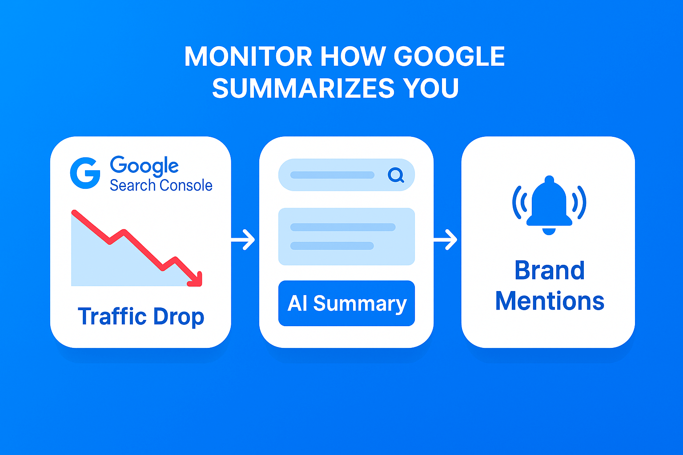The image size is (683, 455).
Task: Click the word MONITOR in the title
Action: pyautogui.click(x=248, y=56)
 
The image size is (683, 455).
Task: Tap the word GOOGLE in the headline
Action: pyautogui.click(x=449, y=56)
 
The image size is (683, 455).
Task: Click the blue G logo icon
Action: pyautogui.click(x=85, y=173)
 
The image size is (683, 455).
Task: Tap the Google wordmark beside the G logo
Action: pyautogui.click(x=144, y=166)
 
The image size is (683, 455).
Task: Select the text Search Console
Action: pyautogui.click(x=161, y=185)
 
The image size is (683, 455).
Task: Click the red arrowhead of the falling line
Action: pyautogui.click(x=196, y=279)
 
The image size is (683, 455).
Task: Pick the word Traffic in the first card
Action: pyautogui.click(x=112, y=316)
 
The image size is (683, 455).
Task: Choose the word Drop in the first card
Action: pyautogui.click(x=178, y=317)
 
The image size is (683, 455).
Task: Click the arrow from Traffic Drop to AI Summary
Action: pyautogui.click(x=243, y=240)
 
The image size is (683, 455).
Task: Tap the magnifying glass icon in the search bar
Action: pyautogui.click(x=396, y=175)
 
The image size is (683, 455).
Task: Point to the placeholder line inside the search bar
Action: pyautogui.click(x=332, y=175)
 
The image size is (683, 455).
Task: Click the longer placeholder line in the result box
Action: pyautogui.click(x=343, y=227)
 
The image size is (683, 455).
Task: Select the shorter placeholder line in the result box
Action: pyautogui.click(x=332, y=246)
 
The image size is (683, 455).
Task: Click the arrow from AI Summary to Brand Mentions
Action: pyautogui.click(x=445, y=240)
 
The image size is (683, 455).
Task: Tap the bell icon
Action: pyautogui.click(x=549, y=205)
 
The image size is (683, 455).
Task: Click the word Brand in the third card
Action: pyautogui.click(x=550, y=270)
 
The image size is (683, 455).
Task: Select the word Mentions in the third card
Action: pyautogui.click(x=550, y=301)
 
